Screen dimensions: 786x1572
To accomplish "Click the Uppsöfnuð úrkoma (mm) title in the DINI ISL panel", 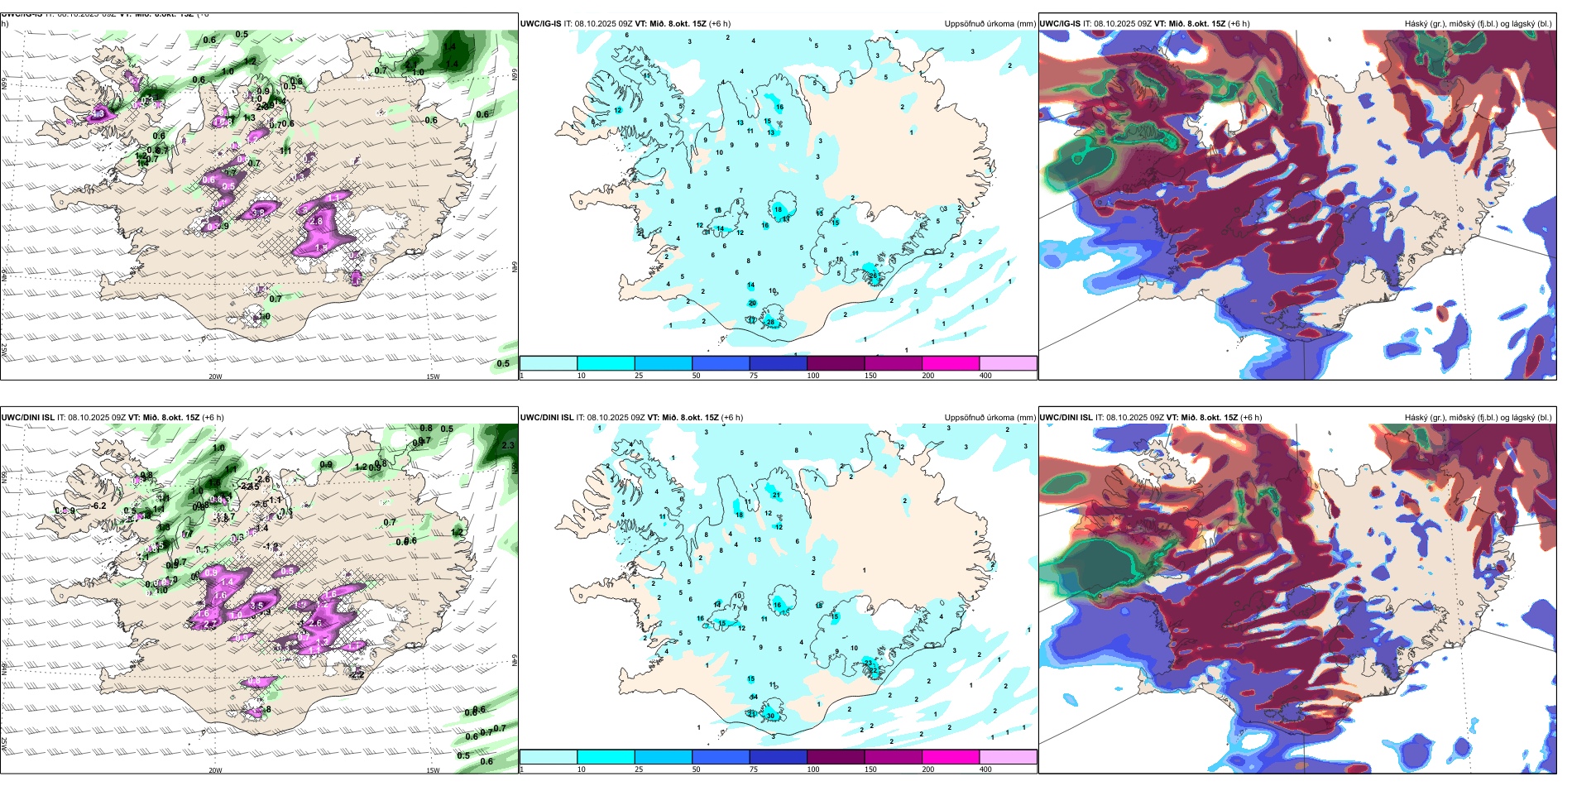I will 990,418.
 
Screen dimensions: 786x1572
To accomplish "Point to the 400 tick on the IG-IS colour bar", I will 985,376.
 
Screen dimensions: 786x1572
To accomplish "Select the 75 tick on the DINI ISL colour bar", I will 754,769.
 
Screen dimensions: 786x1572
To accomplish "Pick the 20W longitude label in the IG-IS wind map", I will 215,376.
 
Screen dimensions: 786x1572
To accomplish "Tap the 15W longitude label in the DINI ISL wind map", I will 432,770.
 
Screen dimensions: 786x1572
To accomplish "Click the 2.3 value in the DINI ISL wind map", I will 508,445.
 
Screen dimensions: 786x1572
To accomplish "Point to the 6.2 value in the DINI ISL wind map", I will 99,506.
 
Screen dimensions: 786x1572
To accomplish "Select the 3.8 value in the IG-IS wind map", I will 258,213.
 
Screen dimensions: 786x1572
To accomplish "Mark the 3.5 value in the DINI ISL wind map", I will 256,606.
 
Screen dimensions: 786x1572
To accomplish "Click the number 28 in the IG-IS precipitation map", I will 770,322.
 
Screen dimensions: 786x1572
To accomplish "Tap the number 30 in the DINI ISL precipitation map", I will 770,716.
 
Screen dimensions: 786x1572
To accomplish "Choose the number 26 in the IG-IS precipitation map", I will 873,276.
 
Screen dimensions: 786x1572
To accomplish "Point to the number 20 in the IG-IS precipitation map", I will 752,303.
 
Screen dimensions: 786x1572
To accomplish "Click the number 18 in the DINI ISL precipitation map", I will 740,515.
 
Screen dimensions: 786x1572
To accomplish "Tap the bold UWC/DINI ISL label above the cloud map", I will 1066,418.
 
